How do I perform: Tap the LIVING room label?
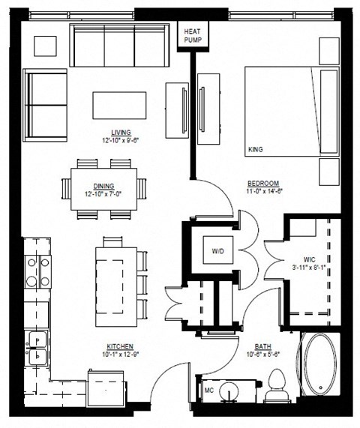tap(121, 131)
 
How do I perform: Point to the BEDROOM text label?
tap(265, 184)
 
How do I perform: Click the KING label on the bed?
tap(256, 150)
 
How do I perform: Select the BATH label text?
tap(262, 346)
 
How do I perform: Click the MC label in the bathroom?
tap(209, 390)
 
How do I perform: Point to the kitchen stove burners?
tap(36, 272)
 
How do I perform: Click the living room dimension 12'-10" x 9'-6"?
tap(121, 140)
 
